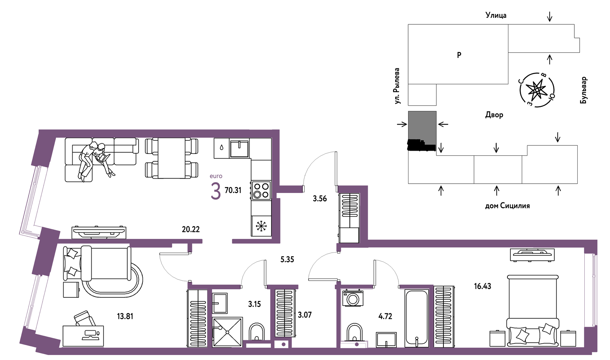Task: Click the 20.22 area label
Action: pos(191,229)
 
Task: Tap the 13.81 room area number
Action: pos(125,316)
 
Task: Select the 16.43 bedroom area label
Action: pos(482,286)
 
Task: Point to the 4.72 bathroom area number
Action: pos(385,316)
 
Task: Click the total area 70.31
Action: pos(233,190)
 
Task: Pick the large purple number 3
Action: pos(216,191)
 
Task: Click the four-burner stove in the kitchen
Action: pos(261,190)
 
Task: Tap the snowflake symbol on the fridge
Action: pos(261,226)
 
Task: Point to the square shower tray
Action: pos(228,332)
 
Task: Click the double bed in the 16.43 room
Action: pos(533,309)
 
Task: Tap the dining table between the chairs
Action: pos(172,158)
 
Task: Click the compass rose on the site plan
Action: pos(537,90)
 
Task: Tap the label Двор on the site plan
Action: pos(494,115)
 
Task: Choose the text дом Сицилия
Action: pos(507,206)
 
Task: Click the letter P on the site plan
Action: pos(459,55)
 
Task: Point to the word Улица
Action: pos(496,15)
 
